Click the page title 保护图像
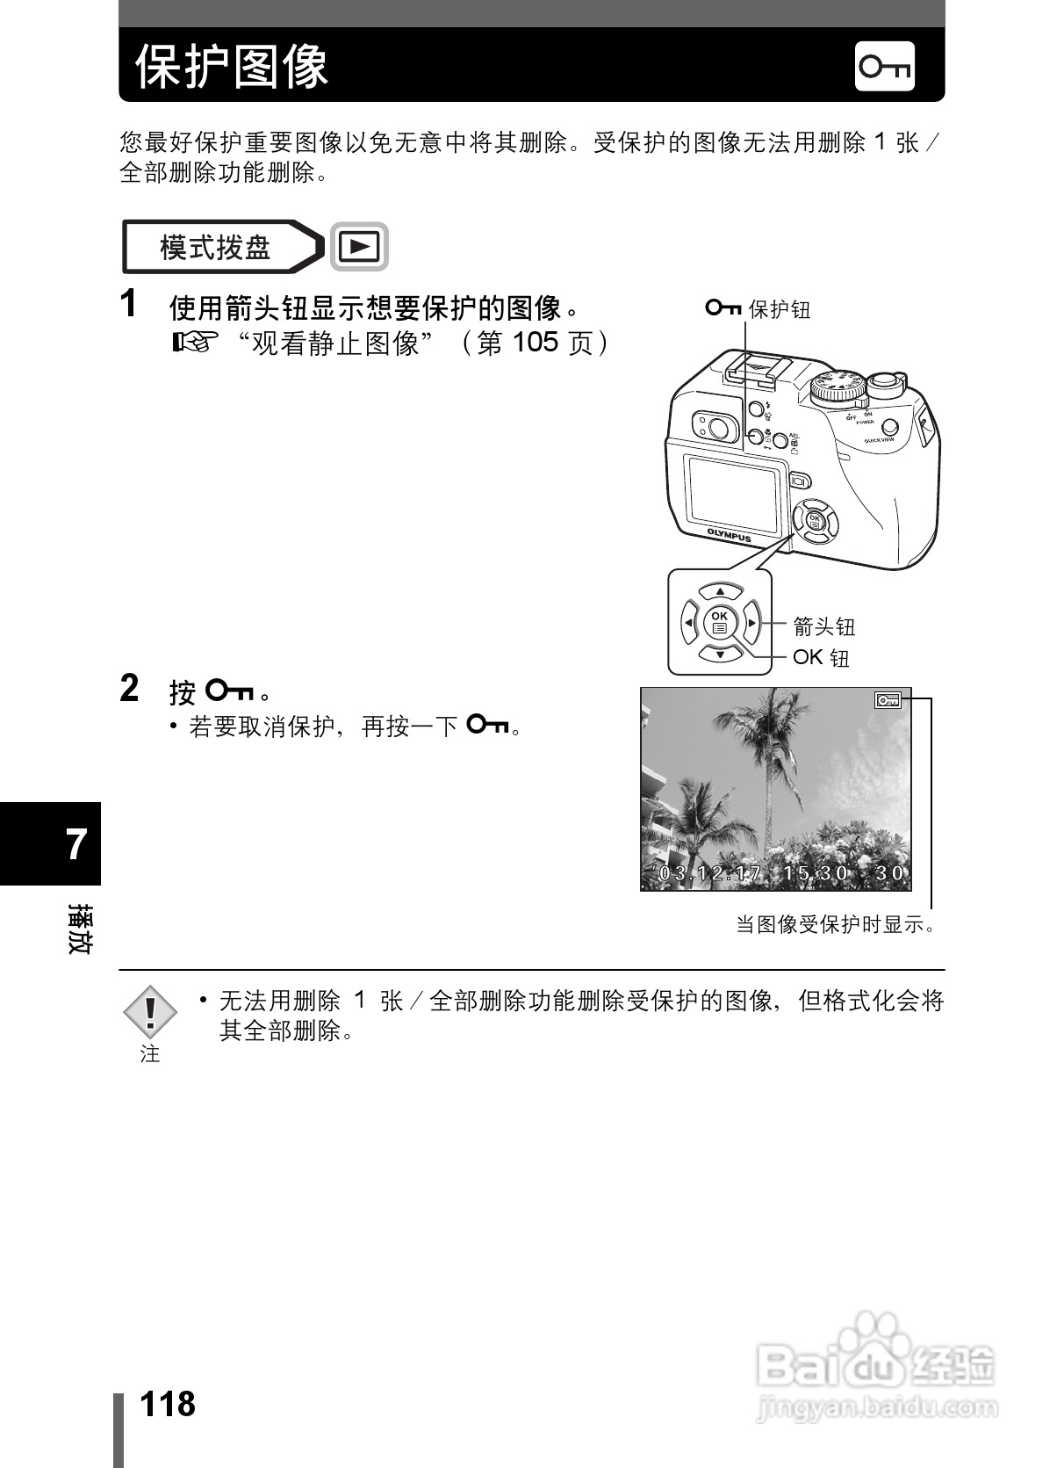point(232,66)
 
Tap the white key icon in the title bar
point(884,66)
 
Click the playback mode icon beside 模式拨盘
point(359,247)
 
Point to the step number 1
point(129,304)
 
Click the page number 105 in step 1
point(535,342)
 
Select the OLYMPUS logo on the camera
point(730,535)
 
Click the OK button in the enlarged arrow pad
point(720,622)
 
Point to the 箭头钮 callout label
point(823,626)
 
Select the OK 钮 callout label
point(821,657)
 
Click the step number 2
point(129,689)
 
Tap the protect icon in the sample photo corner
point(888,700)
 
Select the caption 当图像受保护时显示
point(835,924)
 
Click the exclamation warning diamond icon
point(150,1012)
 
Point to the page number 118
point(168,1404)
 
